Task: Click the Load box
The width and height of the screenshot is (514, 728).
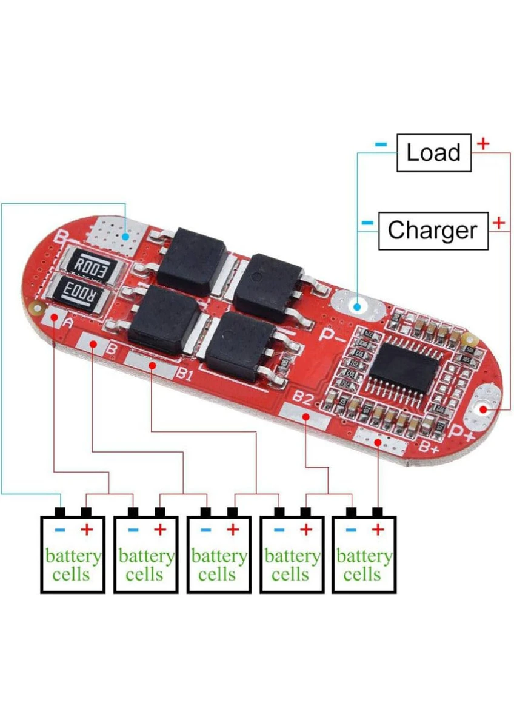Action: pyautogui.click(x=433, y=152)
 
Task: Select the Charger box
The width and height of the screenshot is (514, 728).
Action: pyautogui.click(x=433, y=231)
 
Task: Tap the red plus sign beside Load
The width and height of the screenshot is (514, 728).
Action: pyautogui.click(x=483, y=144)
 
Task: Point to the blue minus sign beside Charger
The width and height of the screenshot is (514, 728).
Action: pyautogui.click(x=367, y=223)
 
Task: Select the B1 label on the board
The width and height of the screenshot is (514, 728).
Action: pyautogui.click(x=184, y=374)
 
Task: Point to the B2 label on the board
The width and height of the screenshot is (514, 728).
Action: pyautogui.click(x=302, y=397)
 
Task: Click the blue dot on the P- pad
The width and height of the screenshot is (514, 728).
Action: pyautogui.click(x=357, y=306)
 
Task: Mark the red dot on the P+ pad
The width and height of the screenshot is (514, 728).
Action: pyautogui.click(x=483, y=409)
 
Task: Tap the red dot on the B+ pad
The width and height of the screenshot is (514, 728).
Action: pyautogui.click(x=378, y=442)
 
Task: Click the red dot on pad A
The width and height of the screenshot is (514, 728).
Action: pyautogui.click(x=54, y=319)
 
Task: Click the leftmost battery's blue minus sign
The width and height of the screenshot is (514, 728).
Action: pyautogui.click(x=59, y=530)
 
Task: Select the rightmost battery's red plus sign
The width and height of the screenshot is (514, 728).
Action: pyautogui.click(x=378, y=530)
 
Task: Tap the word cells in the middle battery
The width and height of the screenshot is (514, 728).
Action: pyautogui.click(x=217, y=574)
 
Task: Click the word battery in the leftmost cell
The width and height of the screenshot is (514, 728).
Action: pyautogui.click(x=73, y=556)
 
